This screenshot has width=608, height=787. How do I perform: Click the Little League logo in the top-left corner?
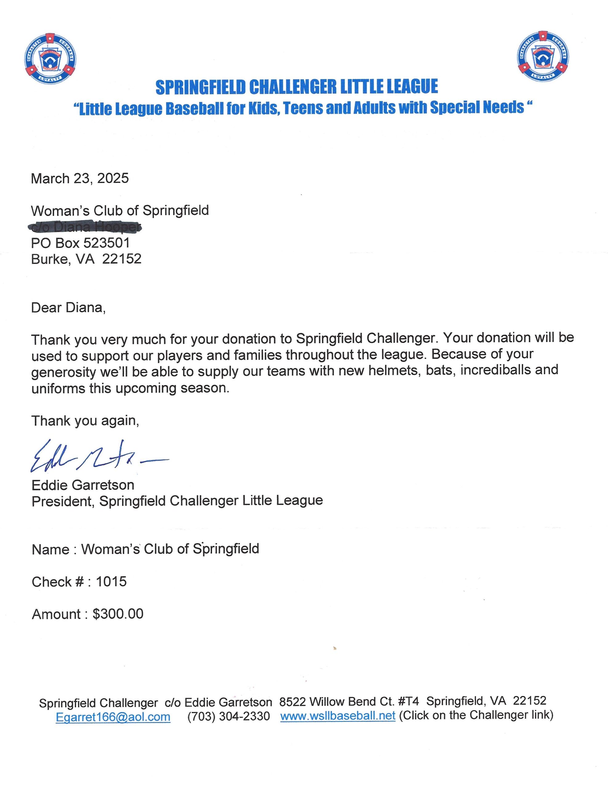tap(50, 59)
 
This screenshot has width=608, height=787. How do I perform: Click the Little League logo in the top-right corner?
tap(543, 56)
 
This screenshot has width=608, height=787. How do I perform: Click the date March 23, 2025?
tap(80, 178)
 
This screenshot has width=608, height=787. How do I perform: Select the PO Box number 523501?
tap(106, 243)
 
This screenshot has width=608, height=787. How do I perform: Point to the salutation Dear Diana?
tap(68, 307)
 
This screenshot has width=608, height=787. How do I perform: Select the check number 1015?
tap(111, 582)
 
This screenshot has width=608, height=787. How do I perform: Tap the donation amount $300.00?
tap(118, 614)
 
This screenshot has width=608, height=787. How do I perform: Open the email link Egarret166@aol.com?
tap(113, 716)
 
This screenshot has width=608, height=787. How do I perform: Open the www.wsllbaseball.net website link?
tap(338, 716)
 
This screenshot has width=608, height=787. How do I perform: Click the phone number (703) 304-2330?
tap(228, 716)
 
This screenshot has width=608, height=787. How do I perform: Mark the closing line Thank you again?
tap(85, 421)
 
